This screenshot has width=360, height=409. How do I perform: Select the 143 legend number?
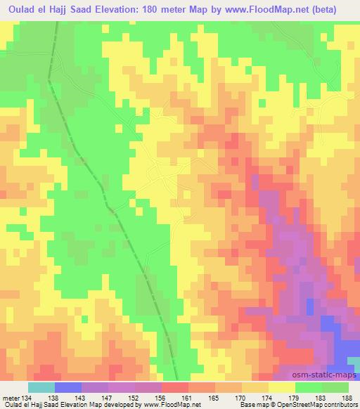pyautogui.click(x=81, y=397)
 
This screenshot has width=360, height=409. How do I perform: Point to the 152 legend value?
pyautogui.click(x=134, y=397)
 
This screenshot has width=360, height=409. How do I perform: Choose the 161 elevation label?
pyautogui.click(x=188, y=397)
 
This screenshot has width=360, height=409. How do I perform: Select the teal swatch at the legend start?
pyautogui.click(x=41, y=387)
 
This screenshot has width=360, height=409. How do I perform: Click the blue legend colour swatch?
pyautogui.click(x=67, y=387)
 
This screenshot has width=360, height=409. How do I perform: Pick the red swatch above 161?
pyautogui.click(x=175, y=387)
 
